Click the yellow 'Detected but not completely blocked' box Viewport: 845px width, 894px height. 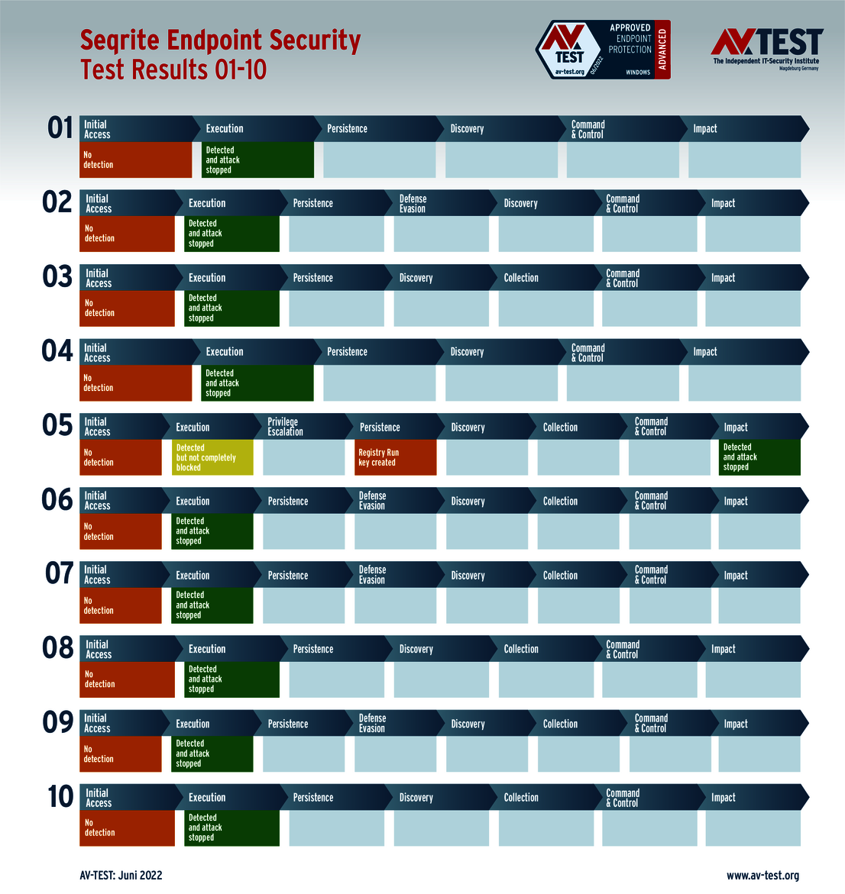tap(212, 457)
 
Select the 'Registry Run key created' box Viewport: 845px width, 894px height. tap(395, 457)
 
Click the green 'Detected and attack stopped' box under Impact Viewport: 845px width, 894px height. tap(759, 457)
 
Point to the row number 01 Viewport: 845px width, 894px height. tap(60, 128)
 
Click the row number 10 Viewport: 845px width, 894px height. tap(60, 797)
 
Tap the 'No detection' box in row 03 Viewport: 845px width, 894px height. tap(127, 308)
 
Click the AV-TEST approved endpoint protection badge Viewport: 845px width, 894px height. tap(603, 50)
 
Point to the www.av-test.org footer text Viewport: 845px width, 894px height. tap(762, 876)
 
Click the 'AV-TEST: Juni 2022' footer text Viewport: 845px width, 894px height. tap(121, 876)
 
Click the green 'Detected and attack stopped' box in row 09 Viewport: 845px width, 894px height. tap(212, 754)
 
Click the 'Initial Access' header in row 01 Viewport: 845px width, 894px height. tap(130, 129)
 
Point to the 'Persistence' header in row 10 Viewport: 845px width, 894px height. tap(335, 798)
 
